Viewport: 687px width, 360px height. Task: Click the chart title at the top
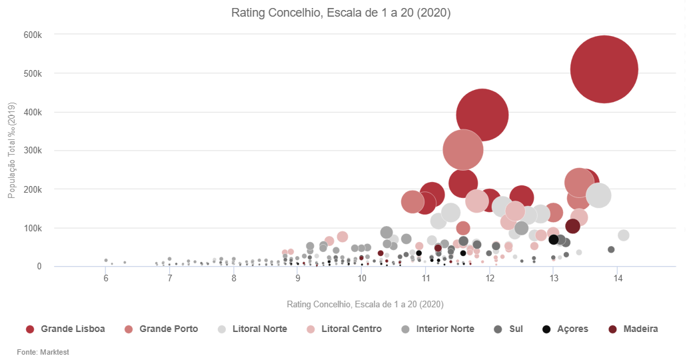tap(341, 13)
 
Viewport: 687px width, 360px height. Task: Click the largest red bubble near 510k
tap(604, 69)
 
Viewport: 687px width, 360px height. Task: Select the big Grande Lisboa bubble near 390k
tap(482, 115)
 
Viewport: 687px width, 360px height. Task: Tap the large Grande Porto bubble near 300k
tap(462, 150)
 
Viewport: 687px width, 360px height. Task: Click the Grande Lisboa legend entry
tap(66, 329)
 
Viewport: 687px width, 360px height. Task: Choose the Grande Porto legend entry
tap(162, 329)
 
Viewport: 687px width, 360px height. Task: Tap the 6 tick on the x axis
tap(106, 277)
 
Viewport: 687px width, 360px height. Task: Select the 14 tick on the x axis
tap(617, 277)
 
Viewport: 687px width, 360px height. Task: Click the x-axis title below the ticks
tap(365, 304)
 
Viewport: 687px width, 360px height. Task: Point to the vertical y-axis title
tap(11, 151)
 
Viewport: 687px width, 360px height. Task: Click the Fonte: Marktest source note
tap(43, 352)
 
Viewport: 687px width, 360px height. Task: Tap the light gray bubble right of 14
tap(624, 235)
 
